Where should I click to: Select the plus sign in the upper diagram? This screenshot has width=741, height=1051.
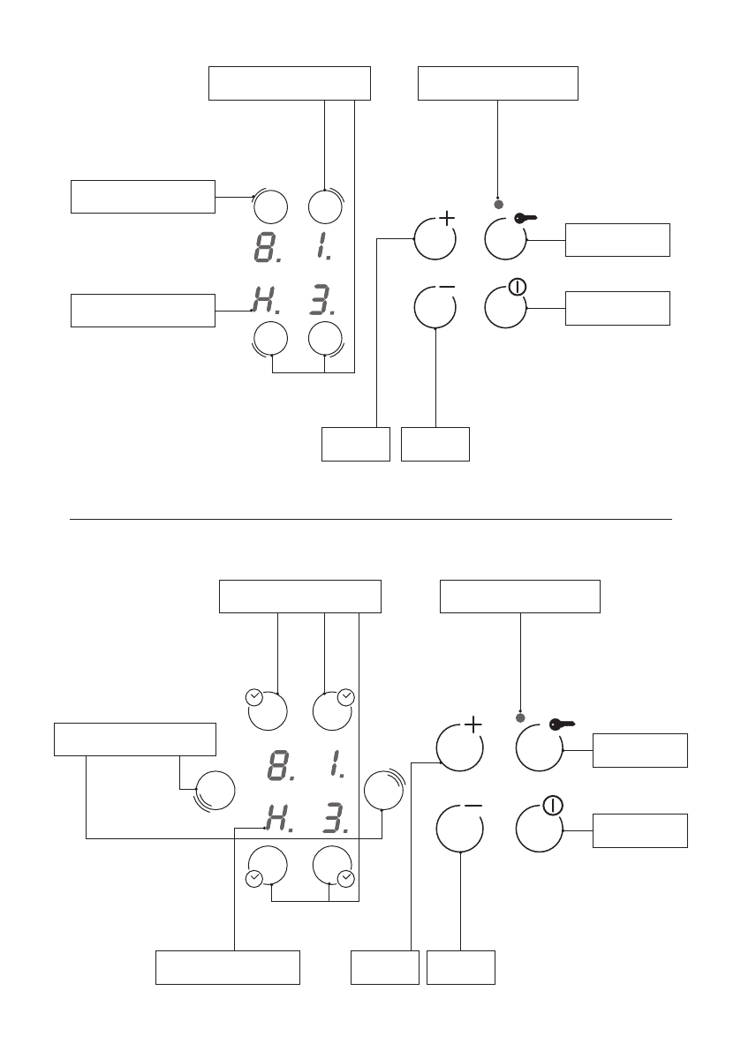pos(447,217)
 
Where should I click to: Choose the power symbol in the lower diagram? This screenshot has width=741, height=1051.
pos(553,805)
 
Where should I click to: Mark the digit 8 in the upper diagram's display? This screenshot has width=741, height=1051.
pos(263,247)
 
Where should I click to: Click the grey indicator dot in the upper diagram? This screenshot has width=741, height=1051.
pos(498,205)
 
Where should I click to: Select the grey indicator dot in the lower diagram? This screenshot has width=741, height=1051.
pos(520,717)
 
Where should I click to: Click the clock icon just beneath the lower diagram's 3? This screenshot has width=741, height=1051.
pos(345,878)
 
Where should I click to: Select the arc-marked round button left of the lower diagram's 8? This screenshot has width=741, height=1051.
pos(215,789)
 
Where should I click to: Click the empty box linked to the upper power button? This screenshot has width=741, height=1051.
pos(617,308)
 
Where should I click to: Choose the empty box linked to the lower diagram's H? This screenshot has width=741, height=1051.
pos(228,967)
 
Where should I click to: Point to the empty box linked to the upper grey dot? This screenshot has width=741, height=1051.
pos(497,84)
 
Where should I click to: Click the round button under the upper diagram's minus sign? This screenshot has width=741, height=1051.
pos(435,306)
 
